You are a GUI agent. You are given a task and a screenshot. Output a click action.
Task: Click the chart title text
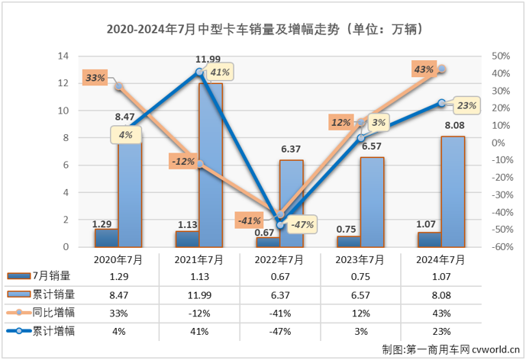tap(263, 30)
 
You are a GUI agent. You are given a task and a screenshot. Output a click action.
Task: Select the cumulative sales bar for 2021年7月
tap(211, 164)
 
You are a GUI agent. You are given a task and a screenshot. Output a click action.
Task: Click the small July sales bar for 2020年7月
tap(106, 238)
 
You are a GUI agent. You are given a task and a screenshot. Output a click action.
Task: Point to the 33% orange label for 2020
tap(95, 78)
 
